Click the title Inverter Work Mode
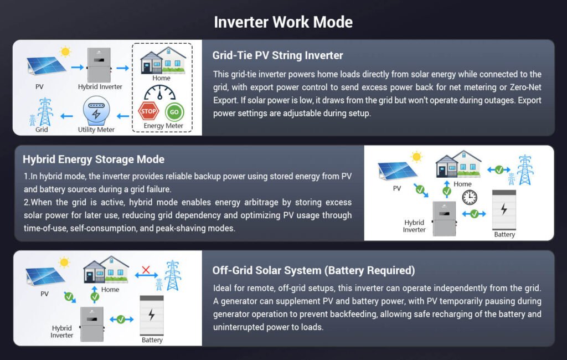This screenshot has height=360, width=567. click(x=283, y=22)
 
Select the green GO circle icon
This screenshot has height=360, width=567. click(x=174, y=111)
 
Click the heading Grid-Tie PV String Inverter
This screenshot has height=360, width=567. click(x=277, y=55)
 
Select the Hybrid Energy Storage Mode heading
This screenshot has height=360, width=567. click(x=94, y=160)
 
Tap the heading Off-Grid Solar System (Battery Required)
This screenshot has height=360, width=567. click(x=313, y=270)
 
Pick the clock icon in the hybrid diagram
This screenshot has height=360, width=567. click(x=470, y=197)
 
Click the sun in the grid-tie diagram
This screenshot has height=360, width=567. click(x=65, y=52)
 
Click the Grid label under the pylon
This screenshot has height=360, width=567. click(x=42, y=130)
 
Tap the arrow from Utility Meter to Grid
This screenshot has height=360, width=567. click(x=66, y=116)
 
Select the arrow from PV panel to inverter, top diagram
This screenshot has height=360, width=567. click(x=77, y=67)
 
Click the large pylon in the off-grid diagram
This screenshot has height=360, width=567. click(x=173, y=275)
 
